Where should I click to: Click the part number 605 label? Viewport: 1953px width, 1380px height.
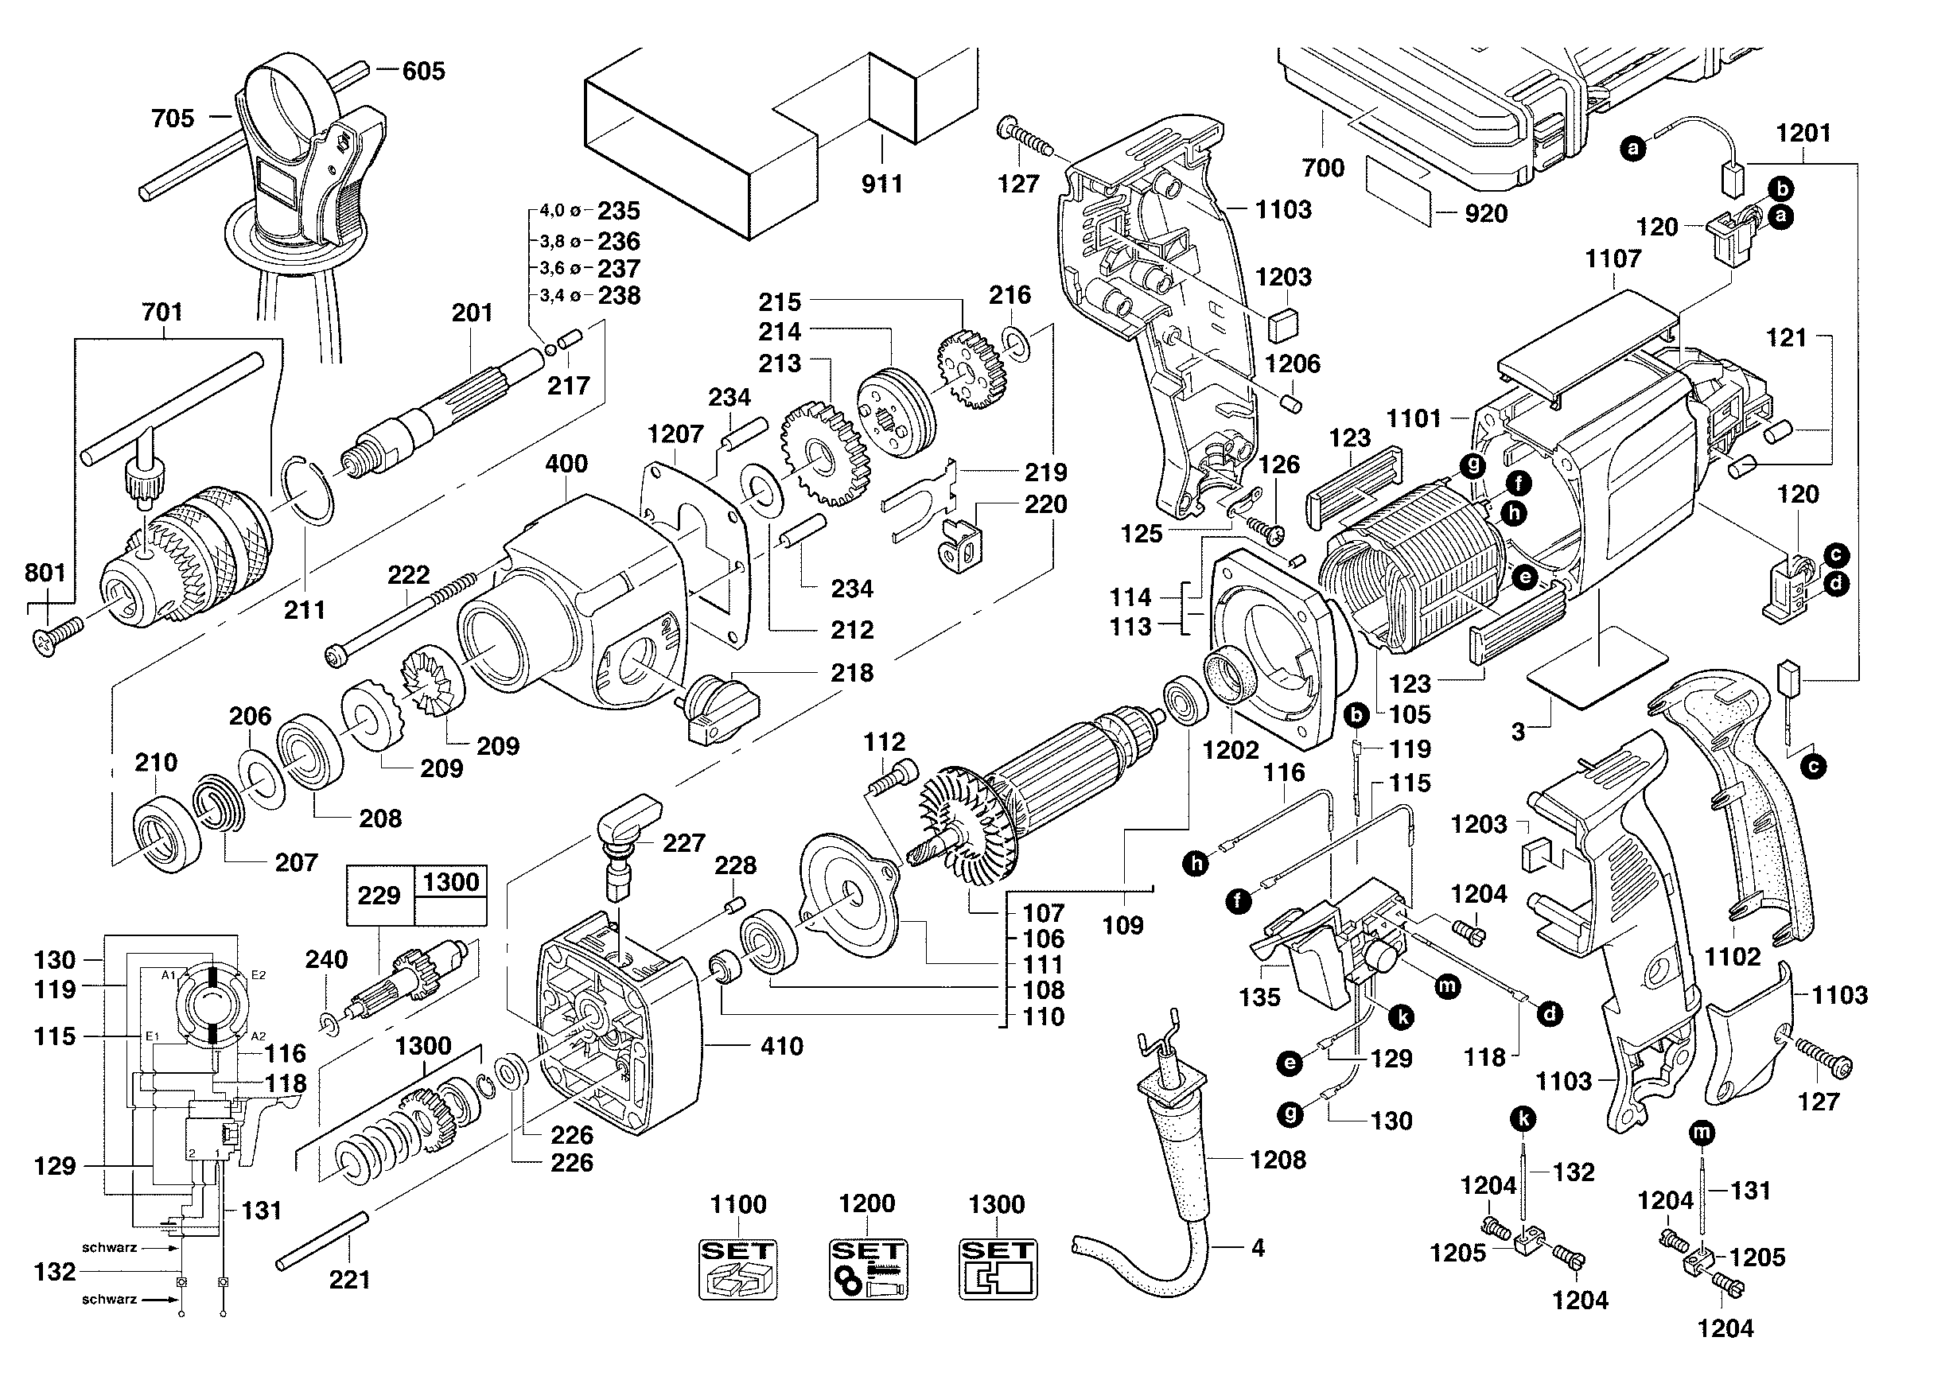tap(423, 71)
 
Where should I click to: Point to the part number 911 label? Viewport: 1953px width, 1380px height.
tap(882, 184)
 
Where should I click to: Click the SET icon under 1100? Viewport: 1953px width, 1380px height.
tap(738, 1269)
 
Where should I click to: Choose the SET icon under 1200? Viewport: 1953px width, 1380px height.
tap(868, 1269)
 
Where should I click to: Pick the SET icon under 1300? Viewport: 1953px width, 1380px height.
tap(998, 1269)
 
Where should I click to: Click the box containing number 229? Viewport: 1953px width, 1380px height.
tap(379, 896)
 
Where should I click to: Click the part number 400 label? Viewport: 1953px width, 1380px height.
tap(566, 464)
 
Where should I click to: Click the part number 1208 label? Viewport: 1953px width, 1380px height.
tap(1278, 1160)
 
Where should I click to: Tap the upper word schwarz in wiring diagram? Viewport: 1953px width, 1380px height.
tap(110, 1248)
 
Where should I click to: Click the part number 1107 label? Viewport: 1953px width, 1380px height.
tap(1613, 259)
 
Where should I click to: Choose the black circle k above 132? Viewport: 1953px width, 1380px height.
tap(1523, 1119)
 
